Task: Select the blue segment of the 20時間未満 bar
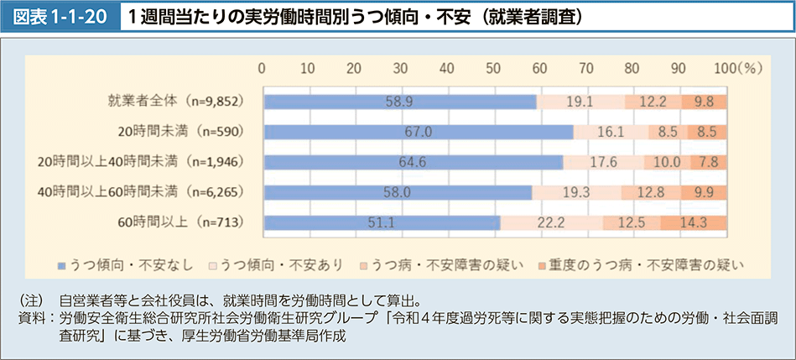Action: tap(418, 132)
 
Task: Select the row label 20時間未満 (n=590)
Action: tap(180, 132)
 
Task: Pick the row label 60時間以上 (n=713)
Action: tap(180, 222)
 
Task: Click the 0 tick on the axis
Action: tap(263, 68)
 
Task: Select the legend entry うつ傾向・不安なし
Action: tap(128, 265)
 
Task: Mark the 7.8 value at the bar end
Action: tap(709, 162)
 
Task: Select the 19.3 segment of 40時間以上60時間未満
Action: tap(576, 192)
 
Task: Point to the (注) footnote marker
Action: tap(31, 300)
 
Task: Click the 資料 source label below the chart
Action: tap(30, 318)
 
